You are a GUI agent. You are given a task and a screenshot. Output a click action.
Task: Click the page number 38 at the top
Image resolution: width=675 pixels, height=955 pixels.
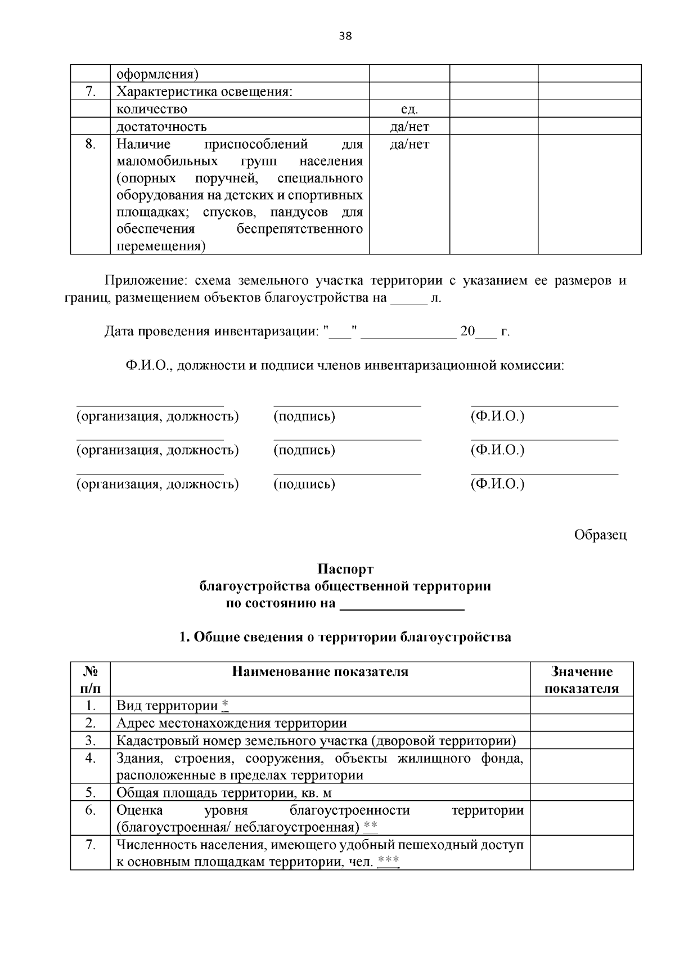pos(345,37)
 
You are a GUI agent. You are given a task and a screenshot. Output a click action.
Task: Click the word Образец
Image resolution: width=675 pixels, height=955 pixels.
pos(600,535)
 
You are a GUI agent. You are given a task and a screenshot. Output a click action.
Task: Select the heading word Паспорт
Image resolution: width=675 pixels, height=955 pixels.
pos(345,569)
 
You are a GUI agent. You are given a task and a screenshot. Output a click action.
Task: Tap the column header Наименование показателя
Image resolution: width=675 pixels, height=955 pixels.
pos(320,671)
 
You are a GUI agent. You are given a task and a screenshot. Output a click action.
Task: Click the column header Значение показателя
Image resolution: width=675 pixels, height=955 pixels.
pos(582,680)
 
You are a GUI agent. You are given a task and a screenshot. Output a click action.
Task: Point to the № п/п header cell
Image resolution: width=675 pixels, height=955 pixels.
pos(90,680)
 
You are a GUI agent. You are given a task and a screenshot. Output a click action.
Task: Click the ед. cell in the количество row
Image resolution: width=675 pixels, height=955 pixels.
pos(409,109)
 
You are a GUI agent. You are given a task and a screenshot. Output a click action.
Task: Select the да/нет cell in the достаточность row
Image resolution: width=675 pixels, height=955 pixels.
pos(409,127)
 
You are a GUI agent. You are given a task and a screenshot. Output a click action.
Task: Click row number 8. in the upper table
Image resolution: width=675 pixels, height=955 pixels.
pos(90,144)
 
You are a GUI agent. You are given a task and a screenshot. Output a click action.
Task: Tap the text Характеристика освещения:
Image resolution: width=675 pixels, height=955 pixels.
pos(204,92)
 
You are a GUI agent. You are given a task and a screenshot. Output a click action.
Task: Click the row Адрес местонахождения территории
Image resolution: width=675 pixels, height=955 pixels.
pos(231,723)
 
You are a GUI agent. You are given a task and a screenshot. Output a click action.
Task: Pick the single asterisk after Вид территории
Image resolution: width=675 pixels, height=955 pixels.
pos(225,705)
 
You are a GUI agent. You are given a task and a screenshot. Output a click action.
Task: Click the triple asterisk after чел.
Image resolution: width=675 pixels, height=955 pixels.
pos(388,861)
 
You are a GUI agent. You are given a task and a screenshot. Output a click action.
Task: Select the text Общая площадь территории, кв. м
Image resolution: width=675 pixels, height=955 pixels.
pos(224,792)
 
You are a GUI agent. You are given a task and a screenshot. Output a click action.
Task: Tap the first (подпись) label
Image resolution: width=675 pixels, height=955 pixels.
pos(304,416)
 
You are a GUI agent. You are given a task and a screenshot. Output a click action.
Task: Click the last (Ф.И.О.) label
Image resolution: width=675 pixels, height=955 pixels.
pos(497,484)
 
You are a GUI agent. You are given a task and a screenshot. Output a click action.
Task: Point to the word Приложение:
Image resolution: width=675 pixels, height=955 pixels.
pos(145,280)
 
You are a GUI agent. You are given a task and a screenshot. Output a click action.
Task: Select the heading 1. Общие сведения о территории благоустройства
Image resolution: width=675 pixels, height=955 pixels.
pos(345,637)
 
